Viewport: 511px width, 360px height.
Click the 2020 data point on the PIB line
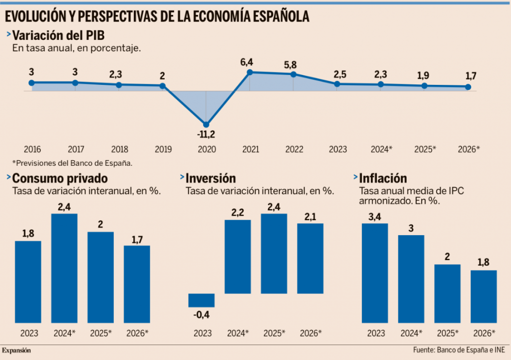[206, 124]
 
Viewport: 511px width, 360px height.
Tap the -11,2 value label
[206, 134]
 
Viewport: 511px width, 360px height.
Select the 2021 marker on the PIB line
[250, 72]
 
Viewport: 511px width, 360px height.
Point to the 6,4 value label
[247, 62]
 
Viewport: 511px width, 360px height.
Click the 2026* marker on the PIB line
[468, 87]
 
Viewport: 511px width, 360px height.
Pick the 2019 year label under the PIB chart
[163, 149]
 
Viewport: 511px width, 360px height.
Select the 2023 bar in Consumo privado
[28, 282]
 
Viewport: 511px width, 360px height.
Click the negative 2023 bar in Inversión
[201, 300]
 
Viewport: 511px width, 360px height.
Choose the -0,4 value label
[201, 315]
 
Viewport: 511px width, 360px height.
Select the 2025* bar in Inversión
[274, 254]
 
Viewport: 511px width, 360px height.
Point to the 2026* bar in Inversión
[310, 258]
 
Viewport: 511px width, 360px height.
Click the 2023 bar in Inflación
[375, 273]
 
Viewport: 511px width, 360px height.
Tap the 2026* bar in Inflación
[484, 297]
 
